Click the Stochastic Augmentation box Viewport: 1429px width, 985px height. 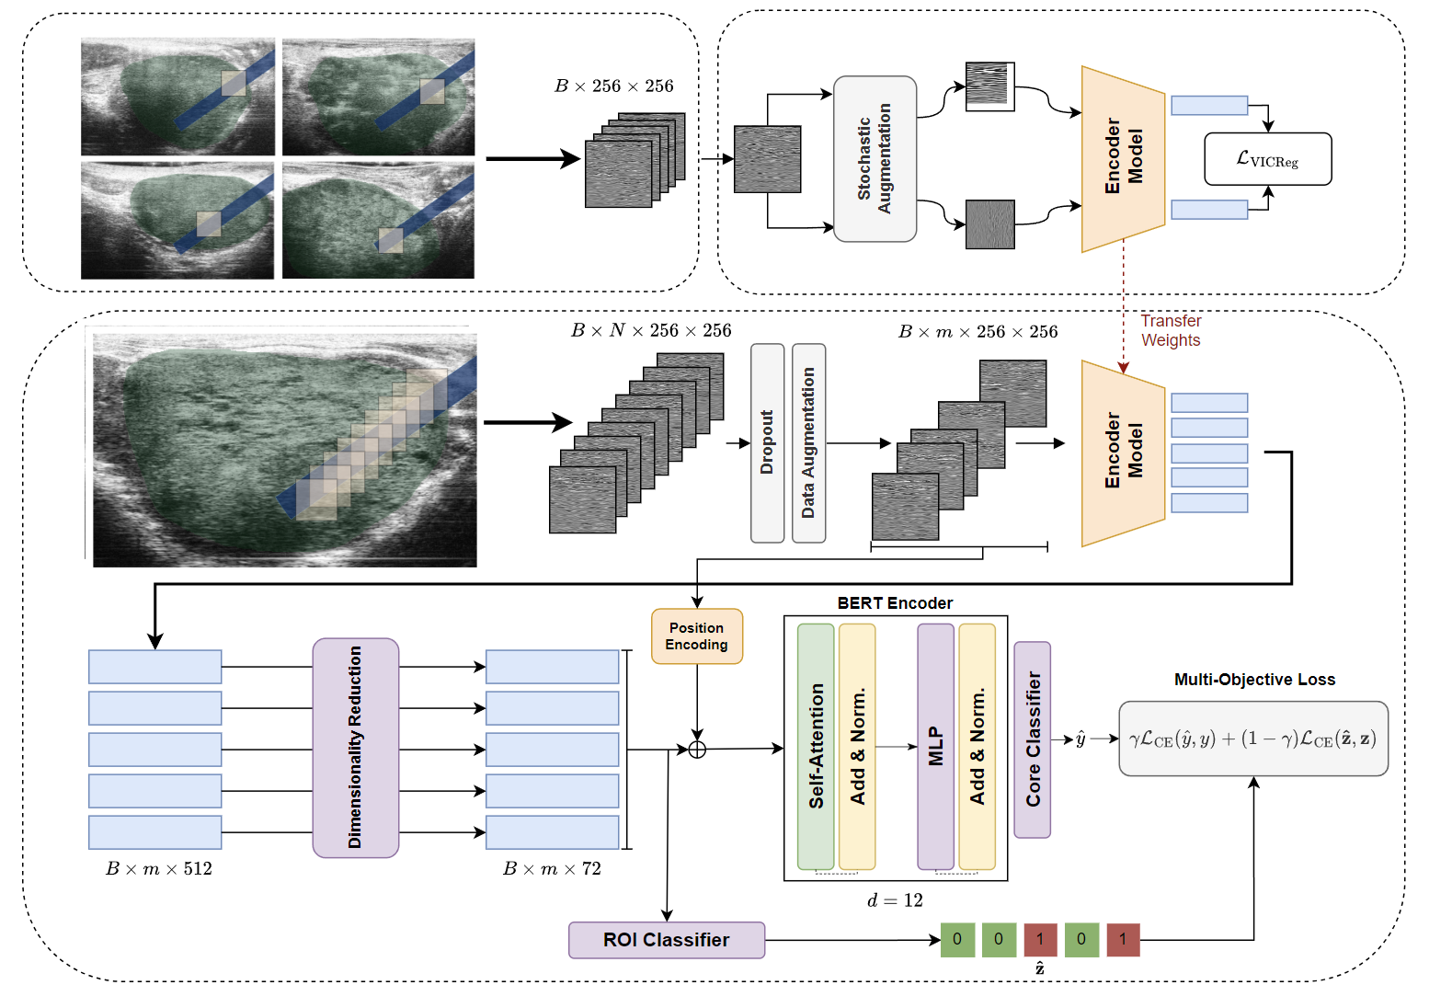pyautogui.click(x=875, y=159)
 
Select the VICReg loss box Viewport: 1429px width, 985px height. pyautogui.click(x=1267, y=159)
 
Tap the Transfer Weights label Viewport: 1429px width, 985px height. pyautogui.click(x=1171, y=330)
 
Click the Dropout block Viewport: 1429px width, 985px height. pyautogui.click(x=767, y=442)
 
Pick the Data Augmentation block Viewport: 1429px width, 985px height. pyautogui.click(x=808, y=442)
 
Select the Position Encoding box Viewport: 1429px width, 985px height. pyautogui.click(x=696, y=636)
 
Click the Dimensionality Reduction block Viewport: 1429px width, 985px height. pyautogui.click(x=355, y=747)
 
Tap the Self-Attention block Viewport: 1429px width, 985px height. pyautogui.click(x=816, y=746)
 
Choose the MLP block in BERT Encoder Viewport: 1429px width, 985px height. pyautogui.click(x=935, y=746)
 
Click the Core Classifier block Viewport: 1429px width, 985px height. pyautogui.click(x=1033, y=739)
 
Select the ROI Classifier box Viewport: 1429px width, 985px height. pyautogui.click(x=666, y=940)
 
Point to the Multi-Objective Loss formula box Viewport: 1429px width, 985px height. pyautogui.click(x=1252, y=739)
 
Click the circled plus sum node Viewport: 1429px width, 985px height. pyautogui.click(x=697, y=750)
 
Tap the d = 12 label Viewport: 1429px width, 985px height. pyautogui.click(x=895, y=900)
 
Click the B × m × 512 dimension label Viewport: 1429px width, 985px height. pyautogui.click(x=159, y=869)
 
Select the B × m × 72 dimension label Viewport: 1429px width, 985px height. pyautogui.click(x=552, y=869)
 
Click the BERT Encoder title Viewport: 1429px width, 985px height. pyautogui.click(x=895, y=603)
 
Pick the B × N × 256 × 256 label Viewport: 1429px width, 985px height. pyautogui.click(x=651, y=330)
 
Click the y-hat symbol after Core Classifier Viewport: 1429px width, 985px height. pyautogui.click(x=1080, y=739)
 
